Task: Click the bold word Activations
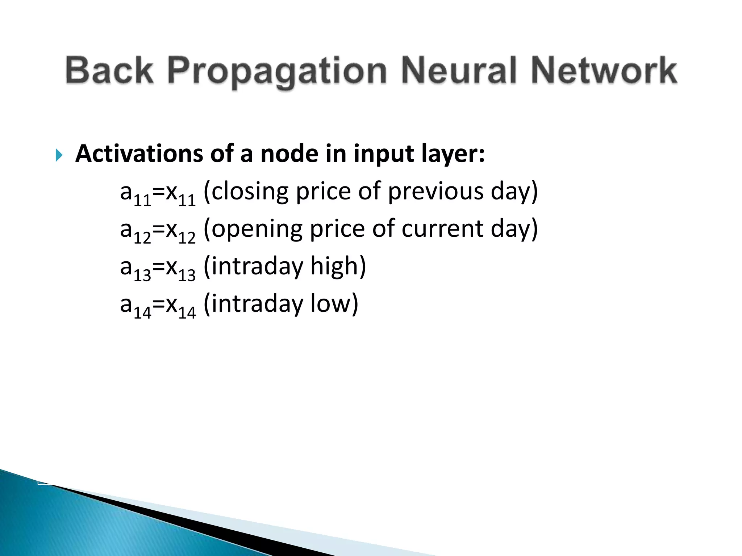pos(139,154)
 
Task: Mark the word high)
pos(338,267)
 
